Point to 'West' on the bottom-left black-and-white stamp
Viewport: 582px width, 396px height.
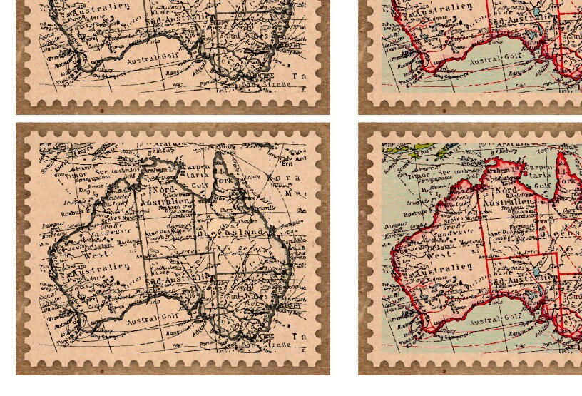(x=96, y=253)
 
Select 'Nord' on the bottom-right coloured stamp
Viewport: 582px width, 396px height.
(x=511, y=190)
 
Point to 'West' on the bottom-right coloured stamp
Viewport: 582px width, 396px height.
(x=439, y=253)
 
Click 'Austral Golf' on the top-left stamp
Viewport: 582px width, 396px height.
(x=148, y=59)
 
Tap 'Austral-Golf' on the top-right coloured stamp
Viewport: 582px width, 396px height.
(x=491, y=59)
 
